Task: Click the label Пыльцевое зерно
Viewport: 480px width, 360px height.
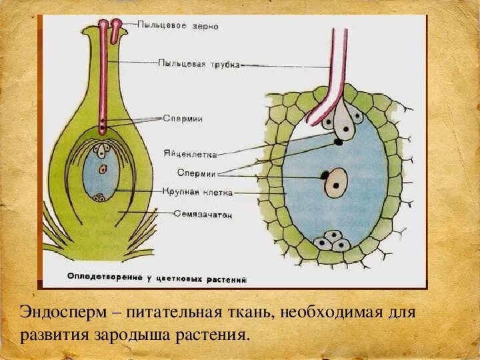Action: point(177,26)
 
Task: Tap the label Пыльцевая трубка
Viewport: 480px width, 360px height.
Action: point(199,64)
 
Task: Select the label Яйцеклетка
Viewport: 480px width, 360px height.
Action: point(189,153)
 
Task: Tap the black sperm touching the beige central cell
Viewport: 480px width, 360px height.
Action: point(325,175)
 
